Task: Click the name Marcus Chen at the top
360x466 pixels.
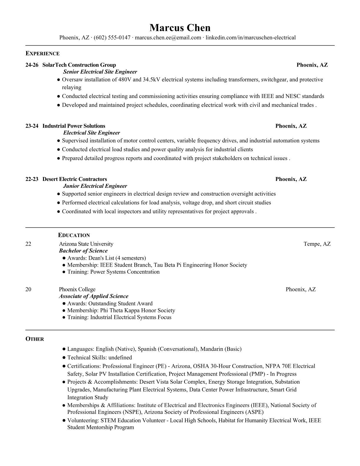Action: point(180,28)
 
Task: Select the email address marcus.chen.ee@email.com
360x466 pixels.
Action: point(168,37)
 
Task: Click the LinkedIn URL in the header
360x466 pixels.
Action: point(250,37)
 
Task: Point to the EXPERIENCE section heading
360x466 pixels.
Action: point(42,54)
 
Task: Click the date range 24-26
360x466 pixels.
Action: point(32,65)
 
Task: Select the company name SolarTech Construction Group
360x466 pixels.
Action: point(79,65)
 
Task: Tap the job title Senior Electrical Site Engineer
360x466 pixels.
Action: point(100,72)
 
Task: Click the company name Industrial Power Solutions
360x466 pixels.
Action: point(74,126)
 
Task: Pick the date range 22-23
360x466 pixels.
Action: point(32,179)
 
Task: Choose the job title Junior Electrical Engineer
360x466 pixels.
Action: point(95,186)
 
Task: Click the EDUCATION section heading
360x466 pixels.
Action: point(74,235)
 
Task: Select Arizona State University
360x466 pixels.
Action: point(86,244)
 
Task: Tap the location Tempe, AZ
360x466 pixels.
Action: point(317,244)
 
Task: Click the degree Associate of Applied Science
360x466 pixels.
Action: point(94,296)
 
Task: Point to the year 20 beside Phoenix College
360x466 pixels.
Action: point(28,289)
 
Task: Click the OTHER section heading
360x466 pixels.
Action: point(35,339)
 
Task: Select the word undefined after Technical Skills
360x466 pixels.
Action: point(120,358)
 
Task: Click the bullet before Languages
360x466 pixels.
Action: point(64,349)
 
